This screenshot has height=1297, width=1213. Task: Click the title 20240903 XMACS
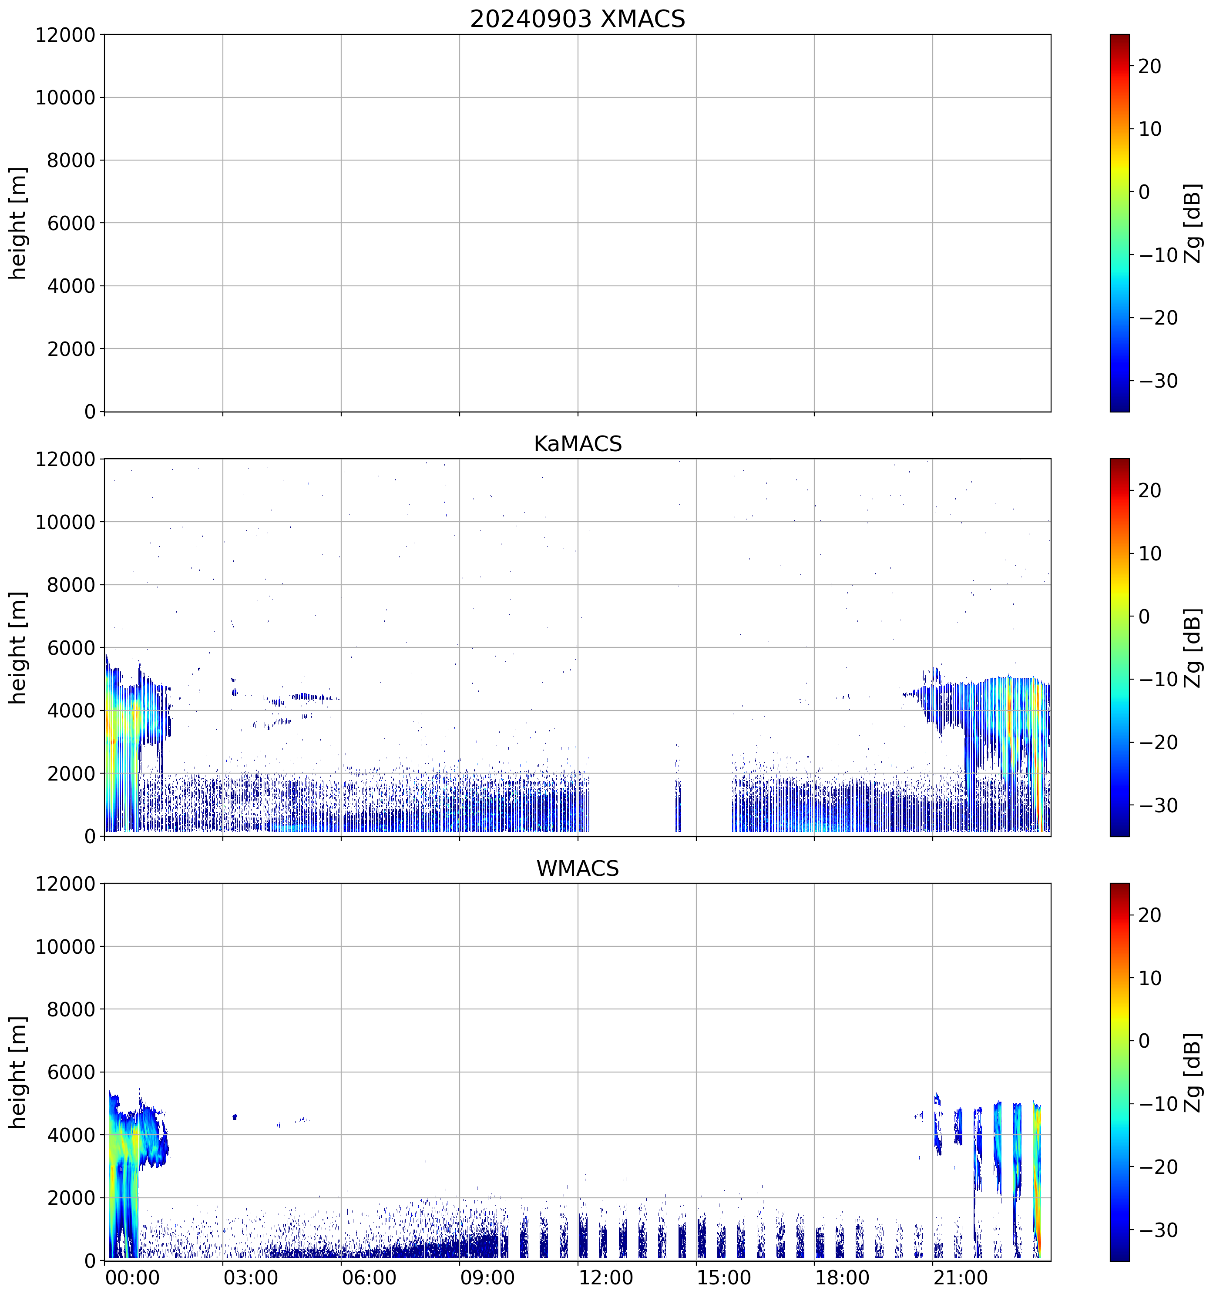[x=578, y=19]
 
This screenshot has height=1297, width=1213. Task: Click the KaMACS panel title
[x=578, y=444]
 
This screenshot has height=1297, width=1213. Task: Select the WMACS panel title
[x=578, y=868]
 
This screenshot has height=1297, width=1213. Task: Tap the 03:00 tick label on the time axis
[x=251, y=1277]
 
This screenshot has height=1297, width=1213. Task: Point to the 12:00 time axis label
[x=605, y=1277]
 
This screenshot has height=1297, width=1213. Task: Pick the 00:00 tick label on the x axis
[x=132, y=1277]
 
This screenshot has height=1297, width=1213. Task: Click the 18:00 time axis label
[x=842, y=1277]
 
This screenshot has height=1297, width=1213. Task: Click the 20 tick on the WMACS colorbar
[x=1150, y=915]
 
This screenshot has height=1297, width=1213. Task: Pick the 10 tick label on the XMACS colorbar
[x=1150, y=129]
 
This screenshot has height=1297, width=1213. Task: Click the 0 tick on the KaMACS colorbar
[x=1144, y=617]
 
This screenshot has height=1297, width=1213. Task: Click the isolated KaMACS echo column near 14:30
[x=677, y=806]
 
